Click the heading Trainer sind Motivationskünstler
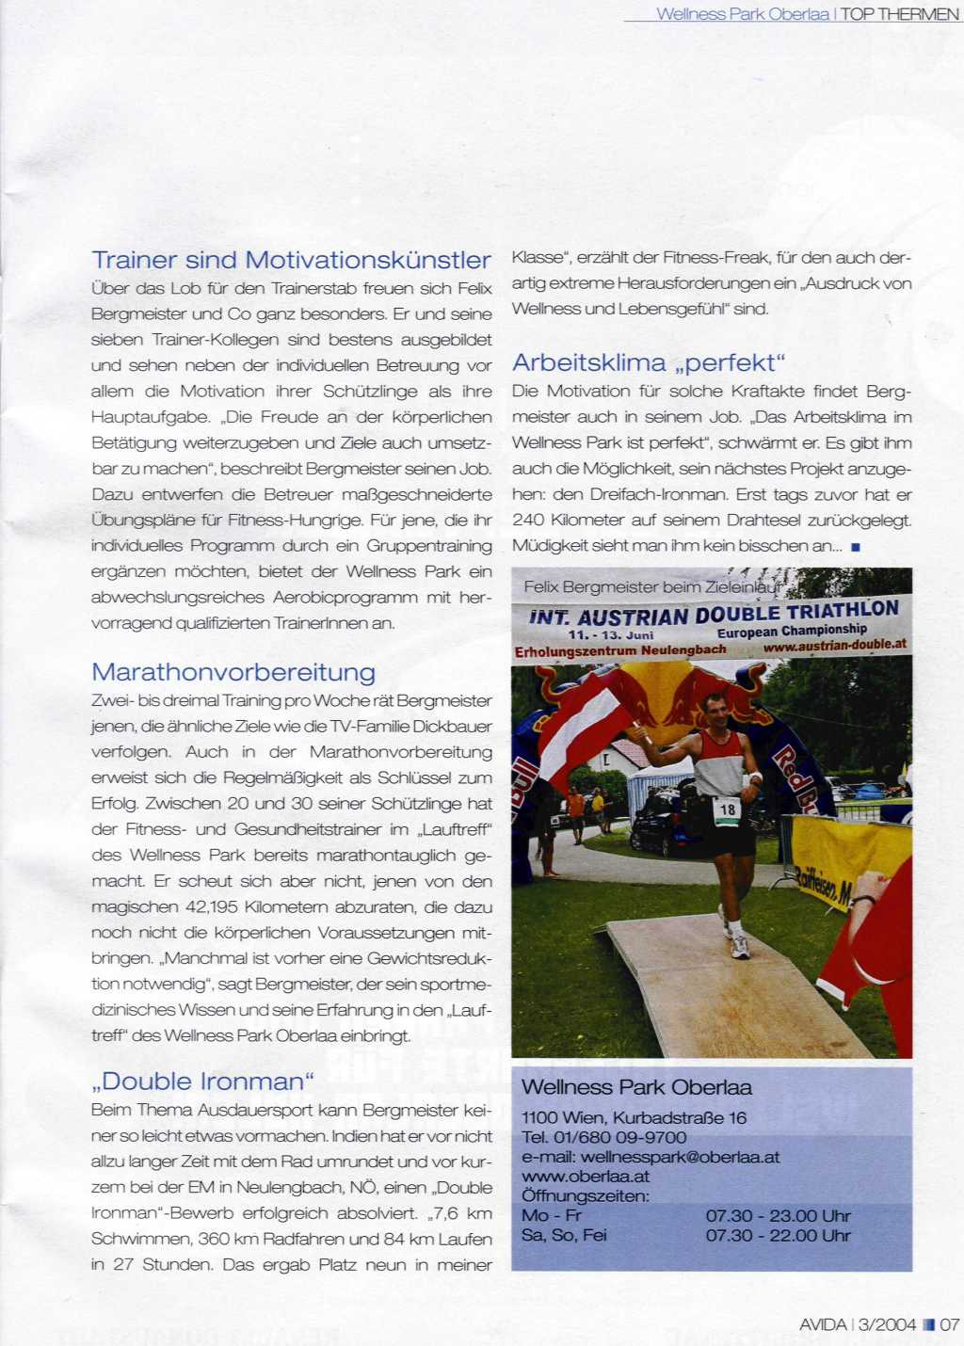(291, 260)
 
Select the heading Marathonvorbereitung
(233, 672)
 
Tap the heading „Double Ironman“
(203, 1081)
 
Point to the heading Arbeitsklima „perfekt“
(649, 362)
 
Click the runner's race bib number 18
(727, 809)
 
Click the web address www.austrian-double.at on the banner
(834, 646)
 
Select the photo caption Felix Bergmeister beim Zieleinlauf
(651, 586)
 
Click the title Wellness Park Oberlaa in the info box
(636, 1087)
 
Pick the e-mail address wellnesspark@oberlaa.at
(680, 1157)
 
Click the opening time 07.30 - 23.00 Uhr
(778, 1216)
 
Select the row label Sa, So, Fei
(564, 1235)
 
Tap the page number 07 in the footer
(949, 1324)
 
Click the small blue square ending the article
(855, 546)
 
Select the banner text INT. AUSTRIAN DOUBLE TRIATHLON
(714, 614)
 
